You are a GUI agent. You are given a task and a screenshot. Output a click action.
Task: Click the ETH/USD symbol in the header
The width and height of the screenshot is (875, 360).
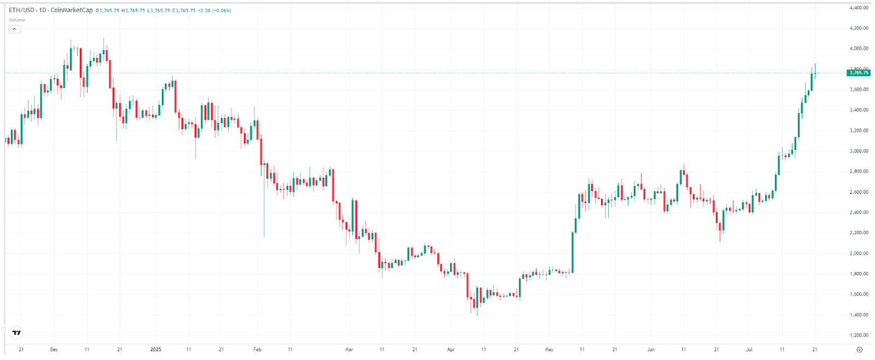(x=21, y=10)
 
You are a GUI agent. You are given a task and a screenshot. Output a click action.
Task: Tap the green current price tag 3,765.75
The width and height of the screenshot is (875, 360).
(x=858, y=73)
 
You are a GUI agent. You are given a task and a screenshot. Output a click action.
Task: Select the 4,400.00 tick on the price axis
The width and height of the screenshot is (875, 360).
(x=859, y=8)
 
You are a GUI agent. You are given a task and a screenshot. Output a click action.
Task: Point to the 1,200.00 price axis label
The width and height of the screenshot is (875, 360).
(x=859, y=335)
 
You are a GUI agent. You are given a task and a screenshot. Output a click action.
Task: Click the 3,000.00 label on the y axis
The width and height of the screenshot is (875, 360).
(x=859, y=151)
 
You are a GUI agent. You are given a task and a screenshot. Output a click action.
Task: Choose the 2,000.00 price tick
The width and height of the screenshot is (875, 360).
(x=859, y=253)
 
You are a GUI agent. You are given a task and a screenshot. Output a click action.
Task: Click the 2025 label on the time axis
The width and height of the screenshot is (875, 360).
(x=156, y=350)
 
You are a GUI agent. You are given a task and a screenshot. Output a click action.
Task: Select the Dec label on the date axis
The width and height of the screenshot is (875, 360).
(x=54, y=350)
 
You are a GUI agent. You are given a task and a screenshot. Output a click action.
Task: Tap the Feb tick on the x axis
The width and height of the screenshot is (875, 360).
(x=257, y=350)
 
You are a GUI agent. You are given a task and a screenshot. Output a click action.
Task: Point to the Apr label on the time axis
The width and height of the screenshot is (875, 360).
(x=451, y=350)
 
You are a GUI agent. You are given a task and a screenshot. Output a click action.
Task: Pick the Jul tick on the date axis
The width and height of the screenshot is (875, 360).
(x=749, y=350)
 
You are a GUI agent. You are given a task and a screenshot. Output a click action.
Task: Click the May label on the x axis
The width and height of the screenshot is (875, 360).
(x=549, y=350)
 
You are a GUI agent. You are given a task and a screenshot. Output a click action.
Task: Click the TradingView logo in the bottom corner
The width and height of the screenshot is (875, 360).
(x=17, y=332)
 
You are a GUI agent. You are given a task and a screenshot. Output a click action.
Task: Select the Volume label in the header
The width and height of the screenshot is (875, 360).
(x=17, y=20)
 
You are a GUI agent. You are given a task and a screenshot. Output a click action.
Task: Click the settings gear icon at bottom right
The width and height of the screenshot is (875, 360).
(x=859, y=350)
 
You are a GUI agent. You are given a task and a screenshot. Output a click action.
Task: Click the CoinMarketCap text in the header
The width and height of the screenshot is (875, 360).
(x=72, y=10)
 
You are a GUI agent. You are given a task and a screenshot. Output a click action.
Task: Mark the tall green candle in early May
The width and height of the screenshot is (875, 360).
(x=573, y=252)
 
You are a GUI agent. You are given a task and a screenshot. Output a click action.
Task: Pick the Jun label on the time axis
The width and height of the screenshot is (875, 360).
(x=651, y=350)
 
